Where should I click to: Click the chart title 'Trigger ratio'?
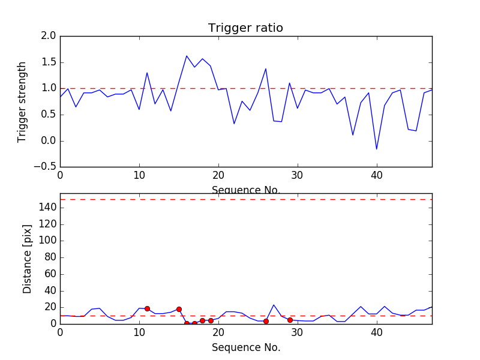245,28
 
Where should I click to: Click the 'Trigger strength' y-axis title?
22,101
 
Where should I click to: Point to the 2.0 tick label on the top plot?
49,36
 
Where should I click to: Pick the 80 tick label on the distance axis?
49,257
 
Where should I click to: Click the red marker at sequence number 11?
147,308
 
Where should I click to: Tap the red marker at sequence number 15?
179,309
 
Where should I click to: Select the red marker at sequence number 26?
266,321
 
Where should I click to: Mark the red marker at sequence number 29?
290,320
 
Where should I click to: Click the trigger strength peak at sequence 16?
187,56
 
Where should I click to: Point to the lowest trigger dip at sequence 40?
377,149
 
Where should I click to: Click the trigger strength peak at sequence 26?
266,68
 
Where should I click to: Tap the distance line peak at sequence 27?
274,305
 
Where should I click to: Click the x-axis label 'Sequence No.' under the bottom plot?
245,347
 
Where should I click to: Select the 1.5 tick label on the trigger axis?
49,62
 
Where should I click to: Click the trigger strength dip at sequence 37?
353,135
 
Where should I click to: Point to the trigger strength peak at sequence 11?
147,73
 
